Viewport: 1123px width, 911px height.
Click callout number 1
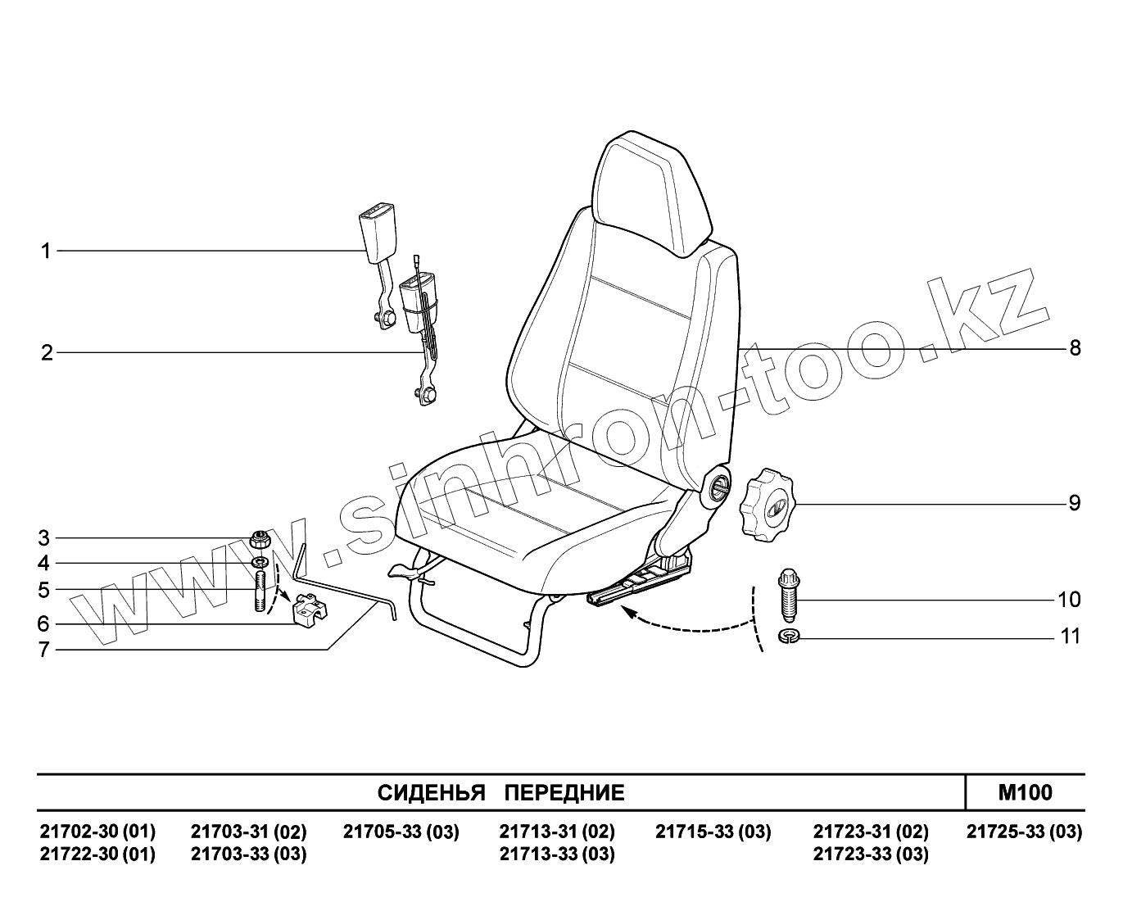(47, 251)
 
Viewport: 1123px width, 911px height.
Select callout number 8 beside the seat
(1075, 348)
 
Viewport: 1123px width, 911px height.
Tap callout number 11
(1071, 637)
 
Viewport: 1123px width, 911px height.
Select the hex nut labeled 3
(260, 540)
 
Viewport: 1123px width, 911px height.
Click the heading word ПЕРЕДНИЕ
(564, 793)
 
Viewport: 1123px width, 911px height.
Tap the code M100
(1025, 792)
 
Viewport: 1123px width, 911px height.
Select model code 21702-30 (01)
(97, 832)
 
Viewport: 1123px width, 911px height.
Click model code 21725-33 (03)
(1024, 832)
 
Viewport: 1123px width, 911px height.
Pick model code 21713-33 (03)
(556, 854)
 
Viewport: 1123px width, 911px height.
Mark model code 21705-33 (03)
(401, 832)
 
